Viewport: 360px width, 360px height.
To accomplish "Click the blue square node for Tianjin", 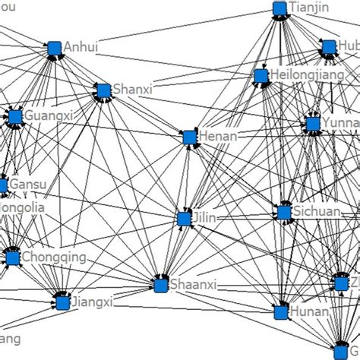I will point(279,9).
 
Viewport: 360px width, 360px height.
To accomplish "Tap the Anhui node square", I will point(54,49).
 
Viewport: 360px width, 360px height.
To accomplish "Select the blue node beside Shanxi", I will point(103,91).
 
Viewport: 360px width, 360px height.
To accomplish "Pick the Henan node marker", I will point(189,137).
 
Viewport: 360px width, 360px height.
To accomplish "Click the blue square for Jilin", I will point(183,219).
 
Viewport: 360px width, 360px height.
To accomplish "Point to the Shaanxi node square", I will point(160,285).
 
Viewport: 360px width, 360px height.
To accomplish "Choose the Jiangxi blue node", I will point(62,303).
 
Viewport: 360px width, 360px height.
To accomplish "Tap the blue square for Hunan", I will point(281,311).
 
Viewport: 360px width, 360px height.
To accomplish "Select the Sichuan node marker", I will point(284,212).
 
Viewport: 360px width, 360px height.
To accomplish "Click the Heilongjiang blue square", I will point(261,76).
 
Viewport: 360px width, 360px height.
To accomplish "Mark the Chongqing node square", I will point(12,258).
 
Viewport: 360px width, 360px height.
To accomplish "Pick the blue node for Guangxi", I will point(14,116).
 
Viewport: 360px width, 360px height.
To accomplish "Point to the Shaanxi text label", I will point(193,286).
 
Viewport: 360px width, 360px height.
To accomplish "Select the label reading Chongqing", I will point(54,257).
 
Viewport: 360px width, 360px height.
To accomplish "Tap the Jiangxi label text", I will point(91,303).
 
